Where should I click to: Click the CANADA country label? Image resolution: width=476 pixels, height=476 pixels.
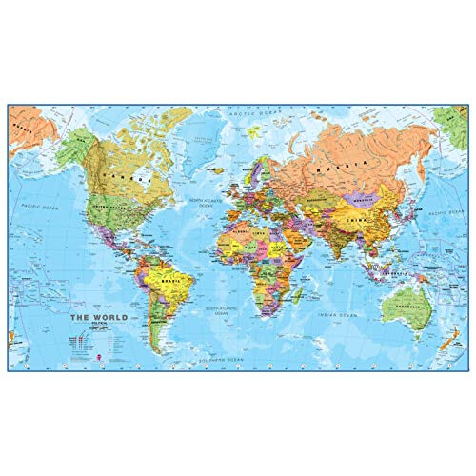(x=134, y=176)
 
